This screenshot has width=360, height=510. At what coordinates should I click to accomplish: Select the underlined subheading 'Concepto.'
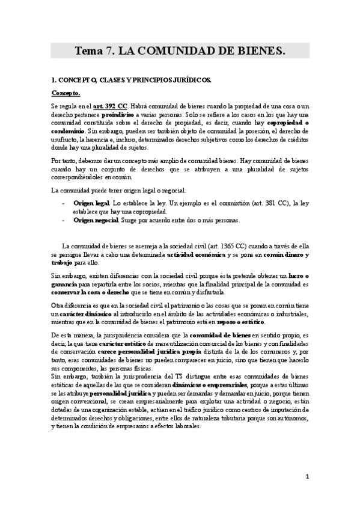66,93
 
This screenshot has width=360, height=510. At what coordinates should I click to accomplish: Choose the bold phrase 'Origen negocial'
96,220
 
